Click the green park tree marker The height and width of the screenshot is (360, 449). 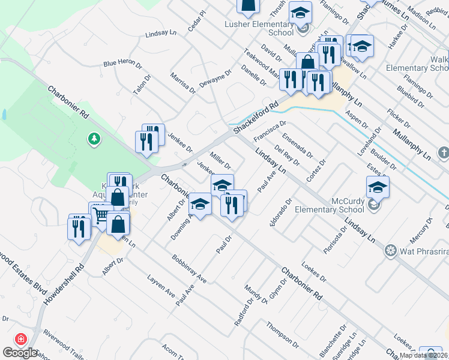(94, 139)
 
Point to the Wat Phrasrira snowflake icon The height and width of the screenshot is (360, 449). (391, 250)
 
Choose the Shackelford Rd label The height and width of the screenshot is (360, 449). (257, 116)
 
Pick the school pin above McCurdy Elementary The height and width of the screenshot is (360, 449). (378, 188)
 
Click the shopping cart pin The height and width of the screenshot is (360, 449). (100, 214)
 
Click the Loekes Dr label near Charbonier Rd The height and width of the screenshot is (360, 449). (314, 274)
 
